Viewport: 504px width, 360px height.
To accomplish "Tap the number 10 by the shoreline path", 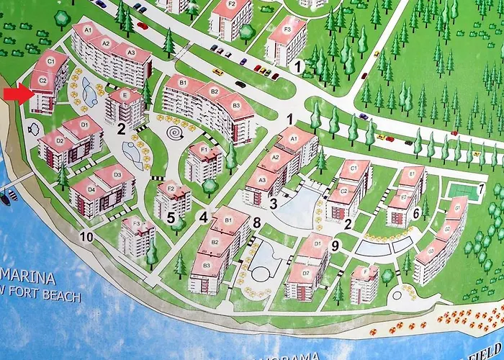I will click(x=86, y=237).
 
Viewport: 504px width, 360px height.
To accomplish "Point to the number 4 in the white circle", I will click(x=204, y=217).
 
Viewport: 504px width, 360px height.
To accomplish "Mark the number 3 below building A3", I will click(x=274, y=204).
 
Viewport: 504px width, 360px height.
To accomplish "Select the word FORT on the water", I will click(x=31, y=296).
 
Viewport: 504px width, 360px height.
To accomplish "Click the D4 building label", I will click(x=91, y=189).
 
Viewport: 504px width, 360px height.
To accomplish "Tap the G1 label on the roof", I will click(x=456, y=209).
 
